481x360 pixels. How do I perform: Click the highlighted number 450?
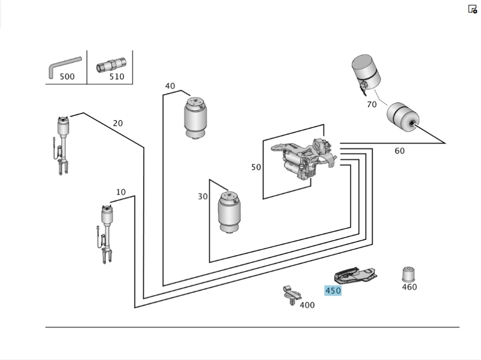(333, 290)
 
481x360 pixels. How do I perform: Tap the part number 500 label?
(67, 76)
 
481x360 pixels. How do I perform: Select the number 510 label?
(116, 76)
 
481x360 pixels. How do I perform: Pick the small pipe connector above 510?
(111, 64)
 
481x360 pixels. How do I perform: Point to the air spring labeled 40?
(196, 118)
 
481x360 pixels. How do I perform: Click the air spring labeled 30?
(229, 211)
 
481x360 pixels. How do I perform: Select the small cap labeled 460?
(409, 274)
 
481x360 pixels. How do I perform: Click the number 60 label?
(400, 151)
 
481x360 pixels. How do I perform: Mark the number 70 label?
(372, 104)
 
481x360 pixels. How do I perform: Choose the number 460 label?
(409, 287)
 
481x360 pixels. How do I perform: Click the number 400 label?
(307, 305)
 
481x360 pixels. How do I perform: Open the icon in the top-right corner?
(472, 9)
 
